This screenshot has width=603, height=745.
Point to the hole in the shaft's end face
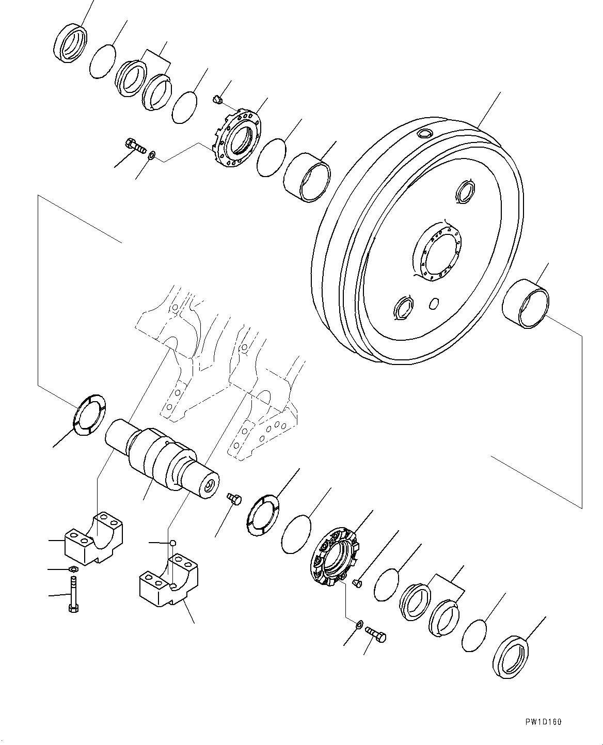click(210, 486)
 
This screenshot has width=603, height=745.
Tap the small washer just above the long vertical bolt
click(73, 569)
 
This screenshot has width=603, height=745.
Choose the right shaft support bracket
click(168, 581)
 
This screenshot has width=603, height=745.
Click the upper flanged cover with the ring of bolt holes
click(237, 139)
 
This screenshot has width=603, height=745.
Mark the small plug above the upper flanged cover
click(217, 98)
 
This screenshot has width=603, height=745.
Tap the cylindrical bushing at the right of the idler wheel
click(526, 304)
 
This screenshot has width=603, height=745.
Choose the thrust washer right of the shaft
click(263, 514)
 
